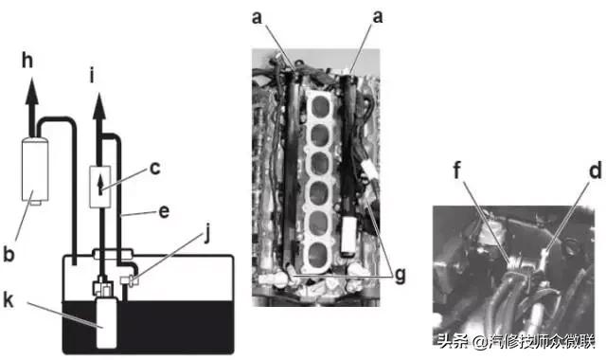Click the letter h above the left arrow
click(x=27, y=61)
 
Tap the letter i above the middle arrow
click(x=92, y=75)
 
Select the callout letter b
click(x=9, y=254)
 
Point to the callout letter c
click(x=154, y=169)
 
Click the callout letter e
click(x=164, y=212)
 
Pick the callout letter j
click(x=207, y=233)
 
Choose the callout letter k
click(x=9, y=299)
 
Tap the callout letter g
click(x=400, y=277)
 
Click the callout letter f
click(x=456, y=171)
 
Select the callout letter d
click(x=596, y=171)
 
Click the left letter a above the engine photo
click(x=257, y=18)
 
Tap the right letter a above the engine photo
click(x=377, y=17)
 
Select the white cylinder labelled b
click(x=35, y=171)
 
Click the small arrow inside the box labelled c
click(x=100, y=185)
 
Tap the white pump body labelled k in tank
click(x=106, y=323)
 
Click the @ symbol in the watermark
click(x=480, y=343)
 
